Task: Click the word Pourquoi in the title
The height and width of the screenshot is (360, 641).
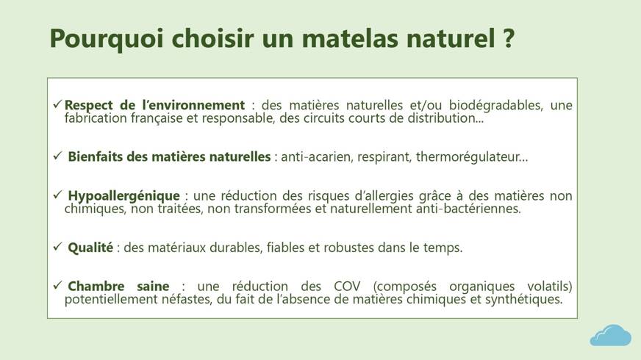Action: (107, 39)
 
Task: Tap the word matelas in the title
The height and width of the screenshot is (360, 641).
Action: (350, 38)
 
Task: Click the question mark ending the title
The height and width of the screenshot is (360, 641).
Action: (507, 38)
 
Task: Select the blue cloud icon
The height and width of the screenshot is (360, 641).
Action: (610, 336)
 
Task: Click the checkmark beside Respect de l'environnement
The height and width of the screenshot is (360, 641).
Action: (57, 104)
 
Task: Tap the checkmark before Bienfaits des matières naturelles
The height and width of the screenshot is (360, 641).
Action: (57, 155)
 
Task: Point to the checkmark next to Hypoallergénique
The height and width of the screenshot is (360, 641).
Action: (57, 195)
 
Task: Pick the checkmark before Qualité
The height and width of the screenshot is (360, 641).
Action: (57, 246)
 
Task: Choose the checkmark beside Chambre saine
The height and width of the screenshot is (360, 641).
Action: (57, 285)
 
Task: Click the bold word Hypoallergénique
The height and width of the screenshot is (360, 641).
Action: (124, 196)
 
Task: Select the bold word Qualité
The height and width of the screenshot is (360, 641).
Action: (90, 247)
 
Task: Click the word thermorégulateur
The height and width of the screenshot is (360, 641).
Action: (468, 157)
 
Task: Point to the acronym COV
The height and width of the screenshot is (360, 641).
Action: (347, 286)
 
